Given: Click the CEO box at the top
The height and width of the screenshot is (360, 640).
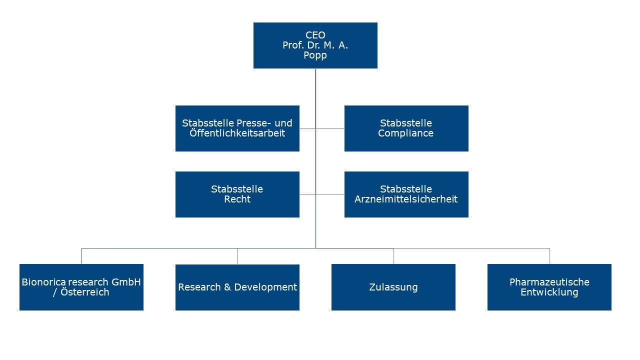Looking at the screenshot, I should (x=315, y=45).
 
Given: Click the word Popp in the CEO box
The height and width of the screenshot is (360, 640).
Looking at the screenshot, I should (x=315, y=55).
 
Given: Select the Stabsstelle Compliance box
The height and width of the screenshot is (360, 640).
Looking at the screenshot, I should (x=406, y=128).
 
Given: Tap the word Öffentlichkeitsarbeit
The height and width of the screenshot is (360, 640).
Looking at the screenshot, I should (x=237, y=133).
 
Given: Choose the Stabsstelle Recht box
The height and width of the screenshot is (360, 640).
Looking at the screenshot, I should (x=237, y=194).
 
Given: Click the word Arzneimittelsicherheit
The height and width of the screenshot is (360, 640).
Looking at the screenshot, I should (x=406, y=199).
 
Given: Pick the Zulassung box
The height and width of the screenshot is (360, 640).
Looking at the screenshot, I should (x=393, y=287).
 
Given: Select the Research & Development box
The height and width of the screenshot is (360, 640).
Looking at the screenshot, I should (x=237, y=287).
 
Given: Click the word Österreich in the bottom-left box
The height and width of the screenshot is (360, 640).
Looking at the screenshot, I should (x=84, y=292).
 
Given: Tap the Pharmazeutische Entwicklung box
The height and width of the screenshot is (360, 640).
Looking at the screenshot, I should (x=549, y=287).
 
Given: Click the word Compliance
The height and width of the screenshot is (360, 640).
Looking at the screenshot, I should (x=406, y=133).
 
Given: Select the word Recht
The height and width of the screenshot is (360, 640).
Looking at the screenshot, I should (x=237, y=199).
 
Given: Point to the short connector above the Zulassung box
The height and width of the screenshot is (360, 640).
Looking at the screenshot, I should (x=393, y=256).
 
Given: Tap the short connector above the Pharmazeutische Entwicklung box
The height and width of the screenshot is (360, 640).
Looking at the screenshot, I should (x=549, y=256).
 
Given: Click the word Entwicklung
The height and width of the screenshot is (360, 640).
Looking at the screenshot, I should (x=549, y=292).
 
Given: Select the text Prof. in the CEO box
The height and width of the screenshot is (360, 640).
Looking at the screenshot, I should (x=292, y=45).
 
